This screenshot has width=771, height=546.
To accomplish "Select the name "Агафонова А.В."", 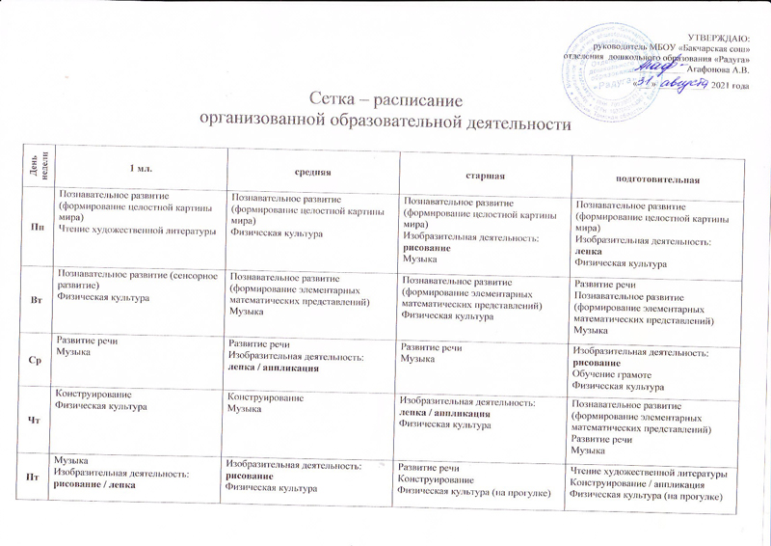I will (x=714, y=69).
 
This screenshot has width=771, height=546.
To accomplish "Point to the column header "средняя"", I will (x=317, y=173).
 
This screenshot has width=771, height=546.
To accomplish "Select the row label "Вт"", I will (x=36, y=301).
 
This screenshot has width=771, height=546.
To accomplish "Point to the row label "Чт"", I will (x=35, y=419).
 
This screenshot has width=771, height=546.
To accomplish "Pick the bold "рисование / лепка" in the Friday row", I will (x=93, y=484).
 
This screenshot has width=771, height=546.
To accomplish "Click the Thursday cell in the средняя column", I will (x=309, y=420).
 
